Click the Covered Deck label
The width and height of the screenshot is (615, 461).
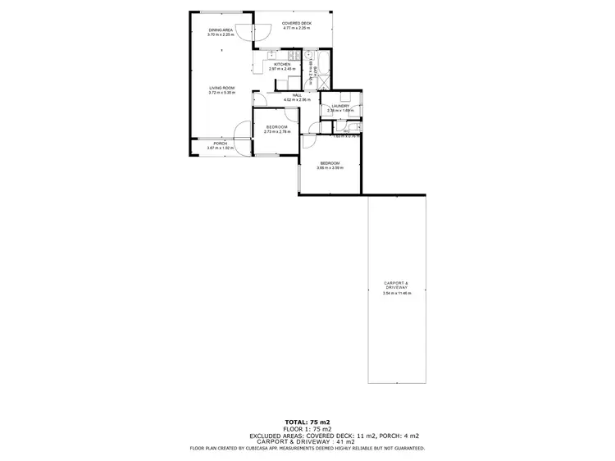tap(295, 24)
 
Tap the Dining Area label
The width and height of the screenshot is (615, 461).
tap(221, 30)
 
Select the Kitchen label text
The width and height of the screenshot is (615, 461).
tap(282, 64)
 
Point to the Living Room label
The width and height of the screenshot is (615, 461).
tap(221, 88)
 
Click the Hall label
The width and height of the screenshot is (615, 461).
tap(297, 95)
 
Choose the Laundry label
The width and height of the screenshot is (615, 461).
tap(339, 106)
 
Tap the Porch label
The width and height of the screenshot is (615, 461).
tap(221, 144)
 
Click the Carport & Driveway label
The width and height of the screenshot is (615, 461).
tap(397, 285)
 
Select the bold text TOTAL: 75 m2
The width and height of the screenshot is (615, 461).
tap(307, 421)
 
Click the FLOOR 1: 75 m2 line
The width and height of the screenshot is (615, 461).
tap(307, 428)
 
